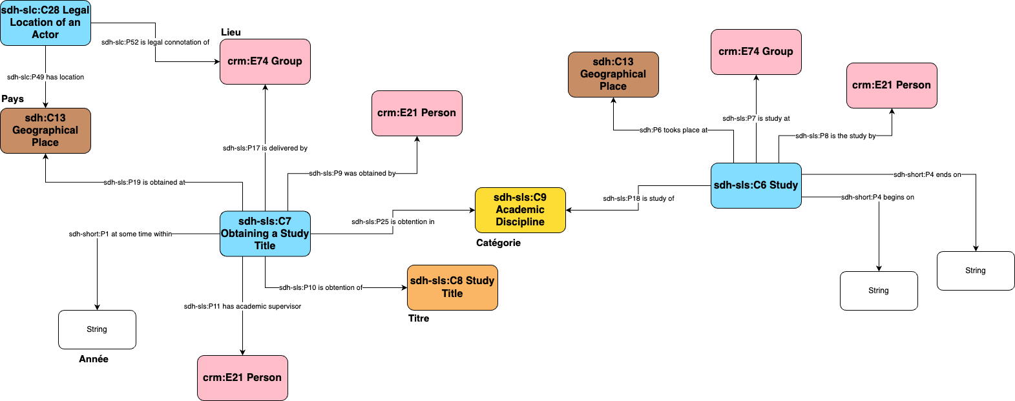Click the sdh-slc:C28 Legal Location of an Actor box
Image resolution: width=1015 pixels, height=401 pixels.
(x=45, y=23)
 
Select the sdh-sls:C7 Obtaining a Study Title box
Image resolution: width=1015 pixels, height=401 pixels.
(x=265, y=233)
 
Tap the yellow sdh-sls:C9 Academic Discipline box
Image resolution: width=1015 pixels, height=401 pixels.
(x=520, y=210)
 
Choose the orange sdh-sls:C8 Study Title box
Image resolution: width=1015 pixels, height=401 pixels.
(x=452, y=287)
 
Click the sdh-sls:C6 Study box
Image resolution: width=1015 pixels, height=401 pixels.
(x=756, y=185)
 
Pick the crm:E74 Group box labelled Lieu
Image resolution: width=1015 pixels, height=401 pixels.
(x=265, y=61)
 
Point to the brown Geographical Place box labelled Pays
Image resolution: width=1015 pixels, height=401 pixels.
(x=45, y=130)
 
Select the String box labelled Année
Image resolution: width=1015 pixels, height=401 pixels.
(x=97, y=329)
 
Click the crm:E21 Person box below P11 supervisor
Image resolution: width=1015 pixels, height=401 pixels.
(x=242, y=378)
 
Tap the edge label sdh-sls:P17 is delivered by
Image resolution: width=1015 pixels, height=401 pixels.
(x=265, y=148)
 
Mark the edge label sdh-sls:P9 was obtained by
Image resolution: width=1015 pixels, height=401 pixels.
(x=352, y=173)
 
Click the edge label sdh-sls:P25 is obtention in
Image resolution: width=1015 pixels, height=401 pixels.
(x=393, y=221)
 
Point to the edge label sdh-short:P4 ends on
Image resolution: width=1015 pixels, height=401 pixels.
(x=927, y=174)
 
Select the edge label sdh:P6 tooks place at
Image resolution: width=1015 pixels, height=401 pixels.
(x=673, y=130)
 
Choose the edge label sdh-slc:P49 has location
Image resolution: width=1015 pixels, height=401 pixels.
(x=45, y=77)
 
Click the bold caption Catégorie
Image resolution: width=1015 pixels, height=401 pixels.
(x=498, y=243)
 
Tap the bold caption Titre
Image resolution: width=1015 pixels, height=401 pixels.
(x=419, y=318)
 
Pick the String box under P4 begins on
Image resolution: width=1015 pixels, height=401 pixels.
(x=879, y=291)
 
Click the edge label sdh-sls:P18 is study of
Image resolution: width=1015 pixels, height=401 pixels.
(x=638, y=198)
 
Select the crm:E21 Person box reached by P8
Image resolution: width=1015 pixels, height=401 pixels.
(x=892, y=85)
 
